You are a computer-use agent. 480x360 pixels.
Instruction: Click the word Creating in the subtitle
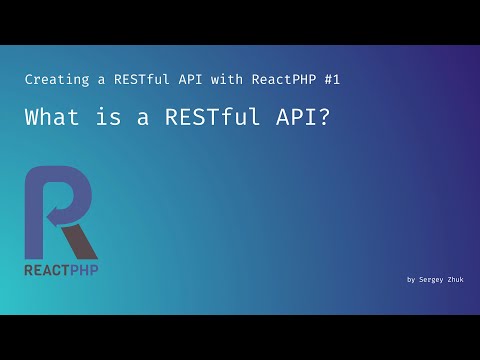coord(54,78)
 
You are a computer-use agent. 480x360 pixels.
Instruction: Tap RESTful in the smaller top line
coord(132,78)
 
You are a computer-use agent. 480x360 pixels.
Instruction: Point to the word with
coord(226,78)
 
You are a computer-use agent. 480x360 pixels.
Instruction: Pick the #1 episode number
coord(340,78)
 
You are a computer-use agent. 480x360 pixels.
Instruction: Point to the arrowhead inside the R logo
coord(53,211)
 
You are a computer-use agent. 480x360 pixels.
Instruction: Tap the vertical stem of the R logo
coord(33,216)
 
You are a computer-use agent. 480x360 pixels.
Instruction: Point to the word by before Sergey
coord(411,280)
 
